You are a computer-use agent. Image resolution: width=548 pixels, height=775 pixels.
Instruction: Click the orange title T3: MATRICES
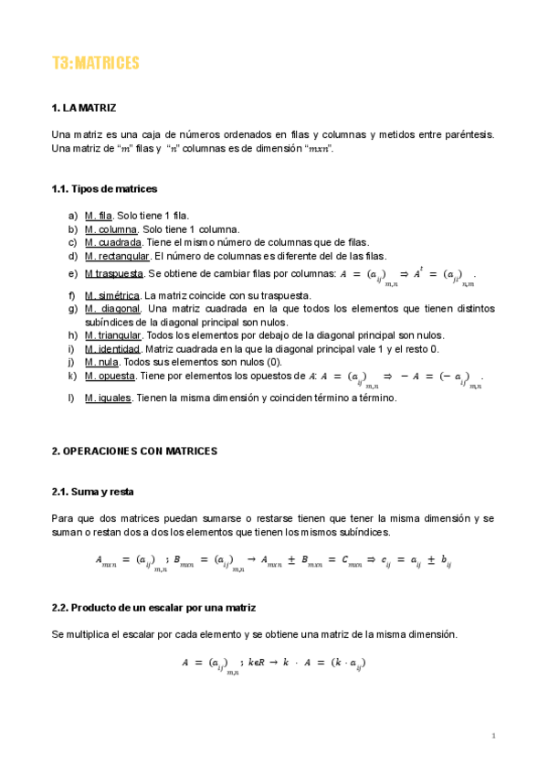[x=95, y=63]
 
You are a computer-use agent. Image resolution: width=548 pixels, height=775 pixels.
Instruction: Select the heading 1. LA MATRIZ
[x=84, y=109]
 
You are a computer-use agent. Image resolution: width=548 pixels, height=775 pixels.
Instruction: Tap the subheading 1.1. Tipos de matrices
[x=104, y=189]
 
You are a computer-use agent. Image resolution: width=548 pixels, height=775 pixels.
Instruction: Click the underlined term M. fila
[x=99, y=216]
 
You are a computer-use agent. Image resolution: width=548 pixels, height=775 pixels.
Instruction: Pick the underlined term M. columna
[x=111, y=229]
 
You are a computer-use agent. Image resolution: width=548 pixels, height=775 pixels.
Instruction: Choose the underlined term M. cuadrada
[x=113, y=242]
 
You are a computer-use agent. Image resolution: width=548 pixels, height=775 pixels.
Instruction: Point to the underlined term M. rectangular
[x=117, y=256]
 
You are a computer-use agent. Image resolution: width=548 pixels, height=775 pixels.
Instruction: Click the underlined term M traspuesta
[x=114, y=273]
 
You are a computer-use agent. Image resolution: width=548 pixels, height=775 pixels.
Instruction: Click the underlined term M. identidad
[x=112, y=349]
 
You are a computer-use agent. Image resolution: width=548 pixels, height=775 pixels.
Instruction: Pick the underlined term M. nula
[x=100, y=362]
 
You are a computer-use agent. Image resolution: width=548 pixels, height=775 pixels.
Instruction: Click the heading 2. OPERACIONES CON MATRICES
[x=134, y=451]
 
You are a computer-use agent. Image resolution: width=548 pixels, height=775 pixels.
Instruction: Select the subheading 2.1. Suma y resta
[x=92, y=492]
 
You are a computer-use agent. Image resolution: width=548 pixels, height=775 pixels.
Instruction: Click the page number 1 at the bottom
[x=493, y=736]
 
